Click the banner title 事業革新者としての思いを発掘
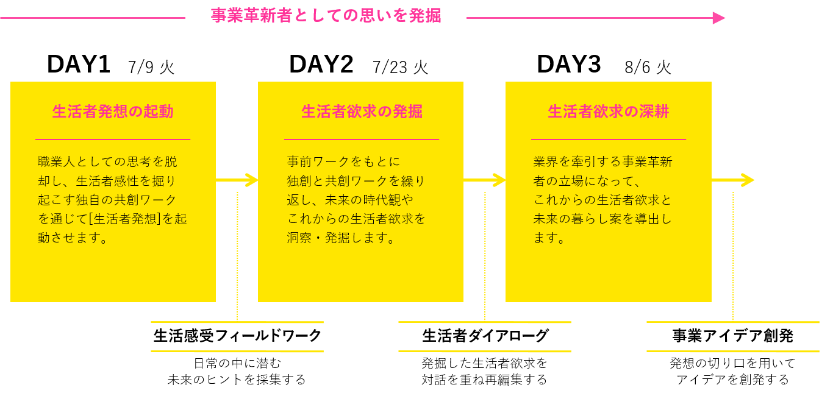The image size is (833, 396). pyautogui.click(x=326, y=16)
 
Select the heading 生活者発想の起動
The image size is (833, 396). pyautogui.click(x=113, y=112)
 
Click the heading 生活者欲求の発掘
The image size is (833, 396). pyautogui.click(x=362, y=112)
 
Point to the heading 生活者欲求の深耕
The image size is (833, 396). pyautogui.click(x=609, y=112)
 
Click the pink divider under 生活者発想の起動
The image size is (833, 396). pyautogui.click(x=113, y=140)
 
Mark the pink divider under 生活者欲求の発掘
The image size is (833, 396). pyautogui.click(x=362, y=140)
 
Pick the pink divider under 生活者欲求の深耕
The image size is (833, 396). pyautogui.click(x=609, y=140)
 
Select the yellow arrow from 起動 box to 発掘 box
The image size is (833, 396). pyautogui.click(x=238, y=180)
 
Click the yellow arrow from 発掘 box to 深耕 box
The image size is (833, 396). pyautogui.click(x=485, y=180)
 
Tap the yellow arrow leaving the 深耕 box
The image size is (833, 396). pyautogui.click(x=733, y=180)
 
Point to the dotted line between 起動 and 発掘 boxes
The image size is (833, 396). pyautogui.click(x=237, y=256)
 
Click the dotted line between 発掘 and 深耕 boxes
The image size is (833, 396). pyautogui.click(x=485, y=256)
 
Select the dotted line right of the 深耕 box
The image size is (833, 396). pyautogui.click(x=733, y=256)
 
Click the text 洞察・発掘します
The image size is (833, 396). pyautogui.click(x=341, y=238)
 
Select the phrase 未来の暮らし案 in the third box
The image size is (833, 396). pyautogui.click(x=581, y=219)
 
